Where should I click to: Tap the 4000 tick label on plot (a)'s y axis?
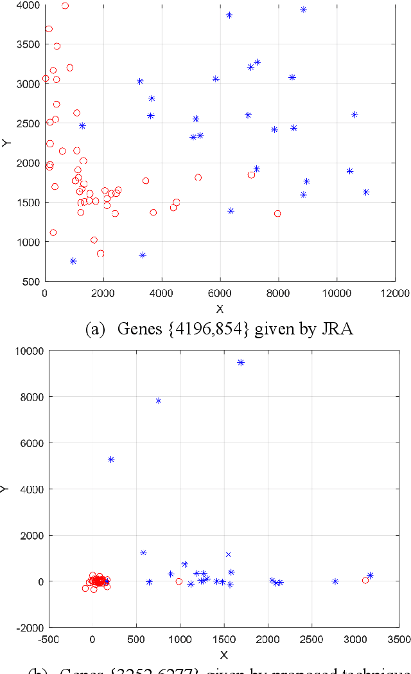point(28,5)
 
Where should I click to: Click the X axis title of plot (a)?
point(220,308)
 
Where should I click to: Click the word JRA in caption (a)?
point(340,329)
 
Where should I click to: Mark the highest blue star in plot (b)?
point(241,363)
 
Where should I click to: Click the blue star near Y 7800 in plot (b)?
point(158,401)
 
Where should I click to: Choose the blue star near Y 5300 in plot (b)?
point(111,459)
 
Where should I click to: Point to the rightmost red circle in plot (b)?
point(365,580)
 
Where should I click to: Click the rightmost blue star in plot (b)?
point(370,576)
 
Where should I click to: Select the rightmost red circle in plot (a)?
point(277,214)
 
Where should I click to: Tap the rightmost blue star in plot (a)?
point(366,192)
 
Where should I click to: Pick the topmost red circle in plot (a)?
point(65,6)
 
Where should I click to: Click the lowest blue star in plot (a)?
point(73,261)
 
